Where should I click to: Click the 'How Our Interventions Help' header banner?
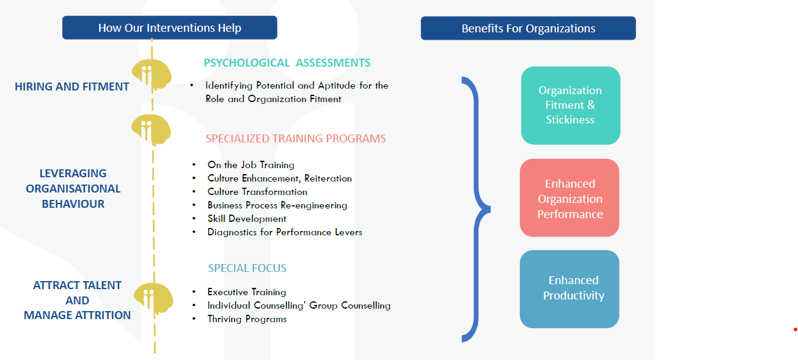point(170,28)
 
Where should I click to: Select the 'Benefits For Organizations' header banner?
point(529,28)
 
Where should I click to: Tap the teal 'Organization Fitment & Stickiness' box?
point(570,106)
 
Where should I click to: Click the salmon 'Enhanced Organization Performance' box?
point(569,198)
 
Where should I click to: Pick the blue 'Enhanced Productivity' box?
point(569,288)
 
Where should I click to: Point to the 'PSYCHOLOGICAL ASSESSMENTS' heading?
point(287,63)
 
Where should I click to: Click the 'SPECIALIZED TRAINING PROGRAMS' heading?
point(296,138)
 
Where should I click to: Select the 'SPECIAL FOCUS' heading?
point(247,268)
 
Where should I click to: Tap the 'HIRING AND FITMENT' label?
point(71,87)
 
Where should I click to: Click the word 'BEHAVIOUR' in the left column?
point(73,204)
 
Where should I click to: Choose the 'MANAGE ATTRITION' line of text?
point(78,315)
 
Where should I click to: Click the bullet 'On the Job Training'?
point(251,164)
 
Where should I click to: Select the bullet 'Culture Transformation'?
point(257,192)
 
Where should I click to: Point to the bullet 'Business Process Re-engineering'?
point(277,205)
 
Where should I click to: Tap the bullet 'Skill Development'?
point(247,218)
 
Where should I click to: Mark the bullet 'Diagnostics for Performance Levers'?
point(285,232)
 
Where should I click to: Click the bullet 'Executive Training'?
point(246,292)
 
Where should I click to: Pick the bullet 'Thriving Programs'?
point(247,318)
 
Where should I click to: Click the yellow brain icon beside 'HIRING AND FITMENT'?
point(152,75)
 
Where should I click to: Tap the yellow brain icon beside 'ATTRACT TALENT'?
point(153,299)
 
